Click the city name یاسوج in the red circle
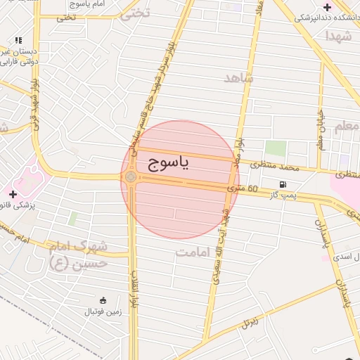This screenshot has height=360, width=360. click(x=169, y=164)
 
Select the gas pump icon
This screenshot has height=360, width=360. click(x=283, y=185)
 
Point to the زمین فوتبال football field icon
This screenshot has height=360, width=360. click(x=103, y=301)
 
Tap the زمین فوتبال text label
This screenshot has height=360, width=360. click(x=103, y=311)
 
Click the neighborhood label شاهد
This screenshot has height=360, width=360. click(x=238, y=77)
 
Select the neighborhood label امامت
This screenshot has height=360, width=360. click(x=195, y=251)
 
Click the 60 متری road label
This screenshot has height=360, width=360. click(x=244, y=189)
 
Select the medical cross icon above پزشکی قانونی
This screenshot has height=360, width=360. click(x=13, y=193)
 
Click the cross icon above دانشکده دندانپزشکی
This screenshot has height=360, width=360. click(x=327, y=6)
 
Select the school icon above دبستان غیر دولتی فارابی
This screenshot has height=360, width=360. click(x=18, y=41)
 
